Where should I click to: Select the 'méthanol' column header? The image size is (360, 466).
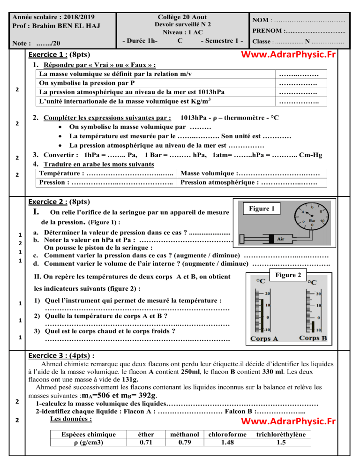coord(184,435)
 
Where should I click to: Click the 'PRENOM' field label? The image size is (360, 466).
coord(267,31)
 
